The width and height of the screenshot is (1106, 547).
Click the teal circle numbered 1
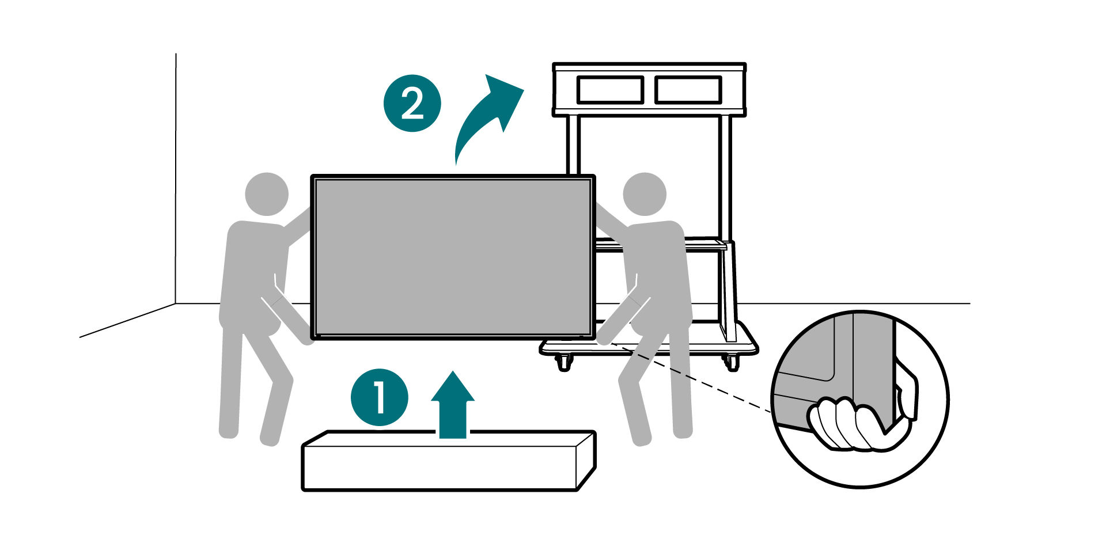[380, 397]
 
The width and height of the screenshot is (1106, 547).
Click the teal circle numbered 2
[412, 103]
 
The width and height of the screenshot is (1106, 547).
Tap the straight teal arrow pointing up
[453, 405]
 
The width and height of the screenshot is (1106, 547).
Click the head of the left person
[267, 194]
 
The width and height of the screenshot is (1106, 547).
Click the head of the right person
[645, 194]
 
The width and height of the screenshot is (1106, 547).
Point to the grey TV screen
[453, 257]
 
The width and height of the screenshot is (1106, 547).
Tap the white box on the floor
[449, 461]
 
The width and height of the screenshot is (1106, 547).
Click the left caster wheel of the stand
[563, 362]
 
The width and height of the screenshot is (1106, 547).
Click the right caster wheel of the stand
[732, 362]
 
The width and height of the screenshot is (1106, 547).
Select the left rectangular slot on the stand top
[610, 90]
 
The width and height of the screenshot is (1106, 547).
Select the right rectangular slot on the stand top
[688, 90]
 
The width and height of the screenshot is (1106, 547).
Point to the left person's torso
[253, 276]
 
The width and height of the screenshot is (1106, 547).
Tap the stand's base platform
[649, 347]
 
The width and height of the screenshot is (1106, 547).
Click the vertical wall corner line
[176, 178]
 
